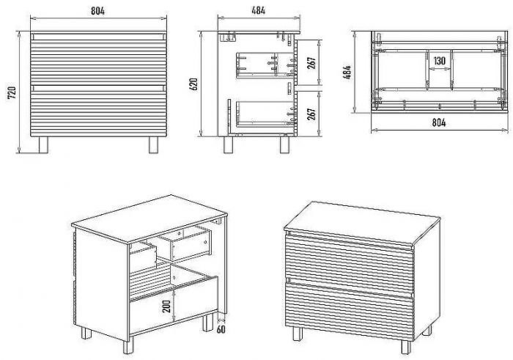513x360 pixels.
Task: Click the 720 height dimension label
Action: click(12, 93)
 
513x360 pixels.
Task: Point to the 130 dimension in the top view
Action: click(440, 61)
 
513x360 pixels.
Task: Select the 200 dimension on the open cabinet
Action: click(166, 306)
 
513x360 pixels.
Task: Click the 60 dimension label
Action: click(221, 329)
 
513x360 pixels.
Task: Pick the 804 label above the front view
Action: click(97, 11)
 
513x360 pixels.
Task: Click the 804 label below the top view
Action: click(439, 122)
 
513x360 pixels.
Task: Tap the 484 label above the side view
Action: click(259, 10)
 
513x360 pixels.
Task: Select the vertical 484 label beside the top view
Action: click(347, 73)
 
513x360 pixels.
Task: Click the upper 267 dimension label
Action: click(311, 63)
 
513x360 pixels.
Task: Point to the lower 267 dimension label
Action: click(311, 114)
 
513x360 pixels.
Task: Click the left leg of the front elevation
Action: click(43, 144)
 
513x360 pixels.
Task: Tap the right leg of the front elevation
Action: click(153, 144)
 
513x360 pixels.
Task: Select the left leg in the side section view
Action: click(229, 144)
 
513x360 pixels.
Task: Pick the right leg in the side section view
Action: click(284, 144)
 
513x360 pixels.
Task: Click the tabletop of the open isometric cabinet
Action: click(149, 218)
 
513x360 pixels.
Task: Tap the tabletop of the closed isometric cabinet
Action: click(362, 223)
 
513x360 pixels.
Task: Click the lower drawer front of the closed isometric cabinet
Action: click(350, 311)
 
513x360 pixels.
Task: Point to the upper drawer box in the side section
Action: click(264, 65)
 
